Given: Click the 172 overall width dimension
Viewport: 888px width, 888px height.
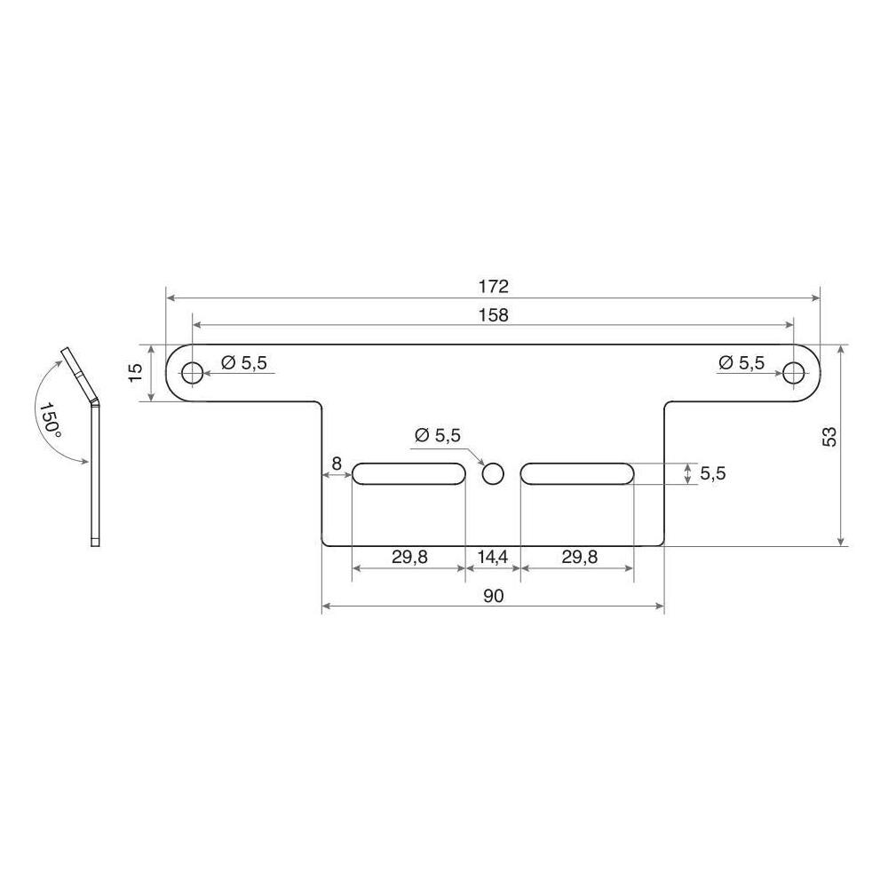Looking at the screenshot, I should [x=494, y=287].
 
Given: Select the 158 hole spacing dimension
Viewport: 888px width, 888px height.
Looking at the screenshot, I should [x=494, y=315].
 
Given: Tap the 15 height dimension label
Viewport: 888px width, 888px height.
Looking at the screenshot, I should [x=135, y=372].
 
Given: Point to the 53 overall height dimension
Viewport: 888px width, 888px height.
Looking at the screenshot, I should [x=829, y=436].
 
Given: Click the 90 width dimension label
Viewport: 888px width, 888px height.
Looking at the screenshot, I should [x=494, y=596].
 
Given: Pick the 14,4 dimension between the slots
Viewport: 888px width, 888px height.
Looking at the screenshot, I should [x=493, y=557].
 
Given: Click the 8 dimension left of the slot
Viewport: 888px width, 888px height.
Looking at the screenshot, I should [x=336, y=463].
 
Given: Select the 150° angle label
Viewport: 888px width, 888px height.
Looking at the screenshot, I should [x=50, y=418].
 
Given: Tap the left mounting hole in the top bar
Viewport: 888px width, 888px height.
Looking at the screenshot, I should [x=192, y=372].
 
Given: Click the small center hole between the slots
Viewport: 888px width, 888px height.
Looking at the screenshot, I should [x=493, y=473].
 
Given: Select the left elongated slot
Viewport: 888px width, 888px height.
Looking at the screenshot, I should [x=408, y=473].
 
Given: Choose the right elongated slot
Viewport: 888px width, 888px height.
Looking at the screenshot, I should [x=577, y=473].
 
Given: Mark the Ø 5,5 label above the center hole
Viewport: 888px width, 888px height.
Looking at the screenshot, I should [x=438, y=435].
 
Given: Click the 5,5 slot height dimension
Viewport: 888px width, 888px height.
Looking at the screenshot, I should [x=713, y=473].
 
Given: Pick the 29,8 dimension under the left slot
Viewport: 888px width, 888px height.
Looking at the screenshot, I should [x=408, y=557].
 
